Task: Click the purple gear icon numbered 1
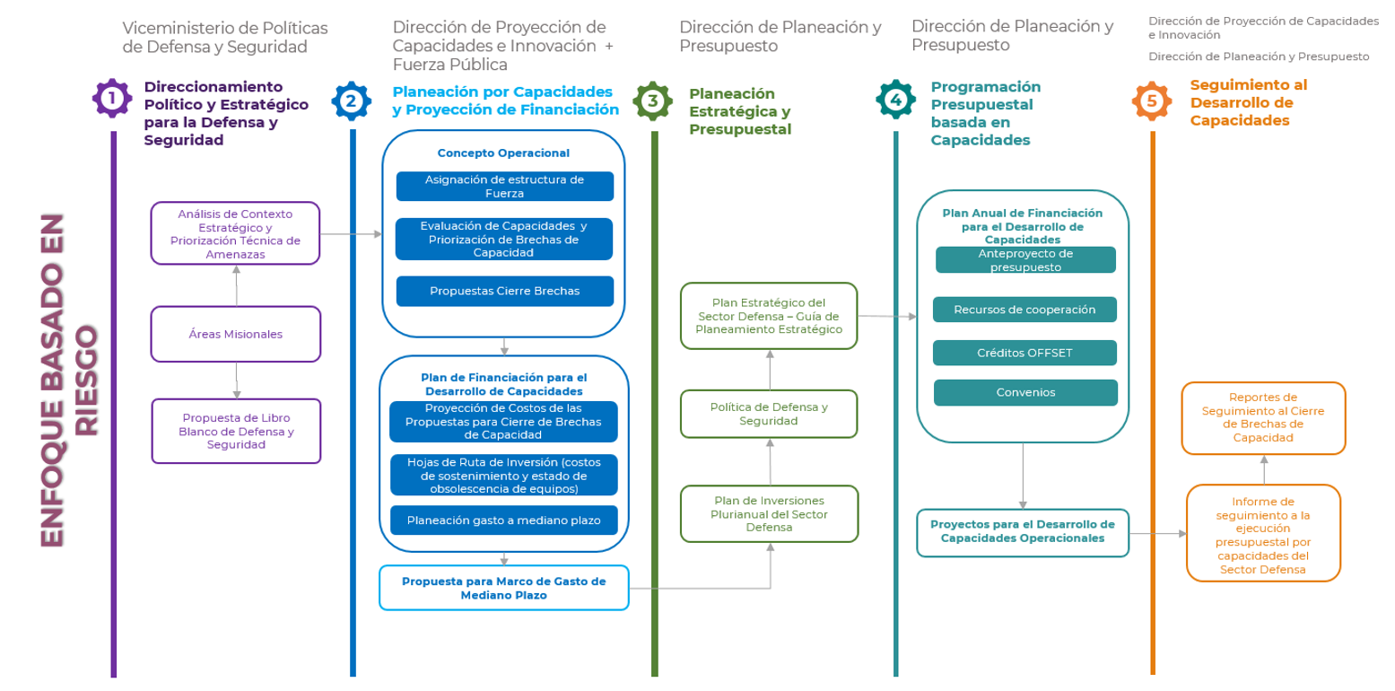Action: [x=112, y=99]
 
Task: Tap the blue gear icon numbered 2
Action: [x=351, y=101]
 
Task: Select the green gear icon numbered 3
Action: [x=653, y=101]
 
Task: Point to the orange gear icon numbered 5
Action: [x=1152, y=101]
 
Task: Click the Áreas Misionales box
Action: [x=236, y=334]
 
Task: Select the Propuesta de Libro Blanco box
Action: [x=236, y=431]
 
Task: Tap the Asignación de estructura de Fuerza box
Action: [x=504, y=186]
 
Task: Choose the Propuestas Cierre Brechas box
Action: [x=504, y=291]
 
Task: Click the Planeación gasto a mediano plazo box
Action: [x=504, y=520]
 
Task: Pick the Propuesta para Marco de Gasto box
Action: [x=503, y=587]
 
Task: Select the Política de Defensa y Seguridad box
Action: [x=769, y=414]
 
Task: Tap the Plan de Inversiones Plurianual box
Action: [x=769, y=513]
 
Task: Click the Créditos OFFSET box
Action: [x=1024, y=353]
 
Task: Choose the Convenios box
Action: [x=1024, y=392]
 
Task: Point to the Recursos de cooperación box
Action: [x=1024, y=310]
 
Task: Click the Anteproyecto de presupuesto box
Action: [x=1024, y=260]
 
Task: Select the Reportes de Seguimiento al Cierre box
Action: [x=1263, y=417]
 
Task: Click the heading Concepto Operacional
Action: [x=503, y=153]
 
